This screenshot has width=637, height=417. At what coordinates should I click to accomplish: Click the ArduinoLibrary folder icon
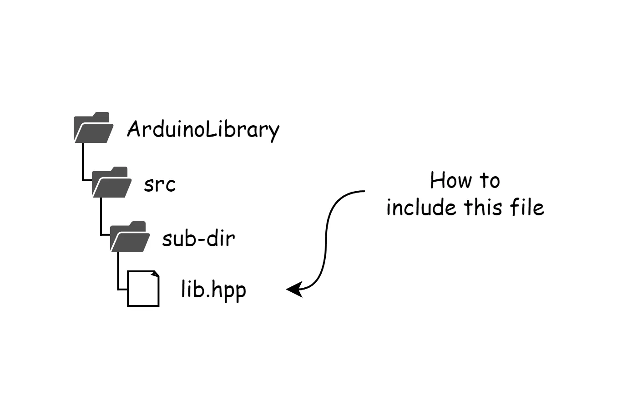pos(94,127)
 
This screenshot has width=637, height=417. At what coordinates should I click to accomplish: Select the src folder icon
pos(112,182)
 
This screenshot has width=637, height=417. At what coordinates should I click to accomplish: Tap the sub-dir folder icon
pos(130,237)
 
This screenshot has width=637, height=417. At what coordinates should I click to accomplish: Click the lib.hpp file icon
pos(143,289)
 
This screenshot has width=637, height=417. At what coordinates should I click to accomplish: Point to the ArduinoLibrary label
pos(203,131)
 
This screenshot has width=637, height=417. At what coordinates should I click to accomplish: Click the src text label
pos(160,185)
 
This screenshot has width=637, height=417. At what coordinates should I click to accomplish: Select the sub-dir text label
pos(198,239)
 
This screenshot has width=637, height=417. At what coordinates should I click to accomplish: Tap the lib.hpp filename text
pos(213,290)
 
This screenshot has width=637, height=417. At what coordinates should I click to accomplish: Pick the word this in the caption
pos(483,207)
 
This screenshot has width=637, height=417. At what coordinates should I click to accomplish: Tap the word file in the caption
pos(527,207)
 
